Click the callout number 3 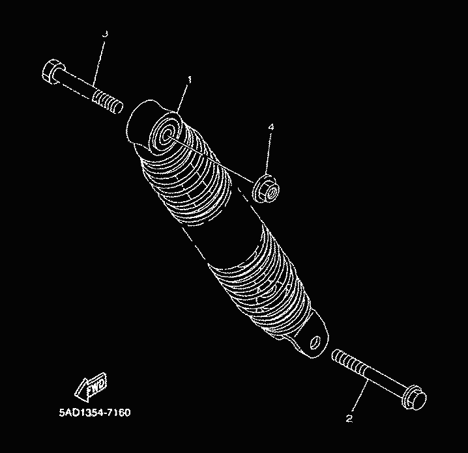(x=105, y=34)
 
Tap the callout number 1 (x=189, y=80)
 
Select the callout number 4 (x=271, y=128)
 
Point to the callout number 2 (x=349, y=419)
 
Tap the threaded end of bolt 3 (x=108, y=102)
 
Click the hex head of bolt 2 (x=415, y=398)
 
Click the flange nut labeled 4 (x=266, y=189)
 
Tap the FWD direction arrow (x=91, y=387)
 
